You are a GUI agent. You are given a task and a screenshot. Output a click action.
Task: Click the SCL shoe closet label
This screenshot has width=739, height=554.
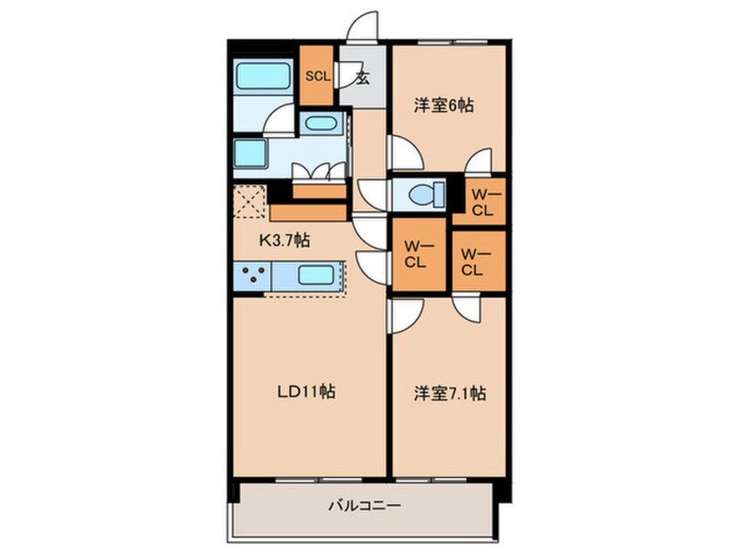317,75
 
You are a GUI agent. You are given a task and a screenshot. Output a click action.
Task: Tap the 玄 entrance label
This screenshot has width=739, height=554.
363,77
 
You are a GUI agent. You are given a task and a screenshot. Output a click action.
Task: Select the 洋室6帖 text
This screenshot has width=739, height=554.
444,106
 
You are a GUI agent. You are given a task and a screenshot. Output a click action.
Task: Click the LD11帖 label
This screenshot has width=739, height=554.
308,391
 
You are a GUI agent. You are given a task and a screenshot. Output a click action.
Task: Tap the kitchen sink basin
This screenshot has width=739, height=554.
315,275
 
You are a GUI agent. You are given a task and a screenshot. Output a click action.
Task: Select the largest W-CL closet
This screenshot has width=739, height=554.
416,253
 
